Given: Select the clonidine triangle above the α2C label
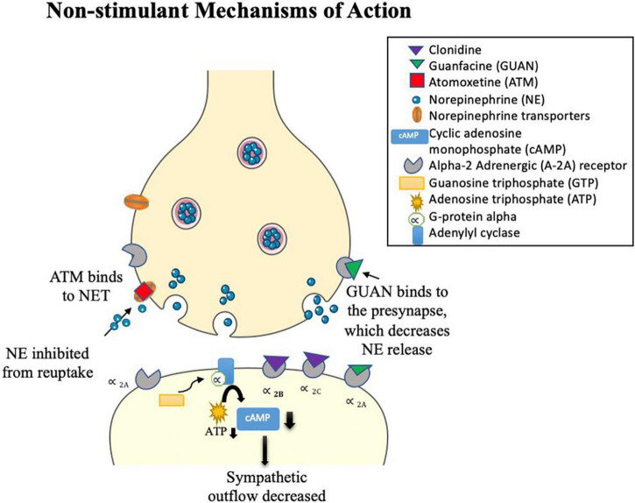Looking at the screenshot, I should coord(316,359).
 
